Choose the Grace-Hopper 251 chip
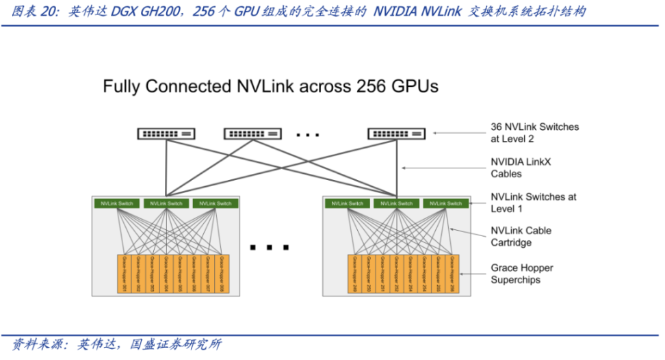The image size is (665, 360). click(x=382, y=274)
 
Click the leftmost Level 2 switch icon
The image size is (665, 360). click(x=166, y=133)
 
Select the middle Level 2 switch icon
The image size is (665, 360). click(x=252, y=133)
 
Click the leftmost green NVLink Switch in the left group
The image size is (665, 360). click(x=117, y=203)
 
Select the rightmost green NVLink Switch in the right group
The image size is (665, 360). click(x=446, y=203)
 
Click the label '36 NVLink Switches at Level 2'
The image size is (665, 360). click(x=534, y=133)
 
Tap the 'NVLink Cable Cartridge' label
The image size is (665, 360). click(x=521, y=237)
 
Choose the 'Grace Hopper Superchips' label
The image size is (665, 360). click(x=522, y=274)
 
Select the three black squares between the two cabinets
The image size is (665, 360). click(x=270, y=247)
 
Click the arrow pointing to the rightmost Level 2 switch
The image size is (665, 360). click(x=458, y=133)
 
